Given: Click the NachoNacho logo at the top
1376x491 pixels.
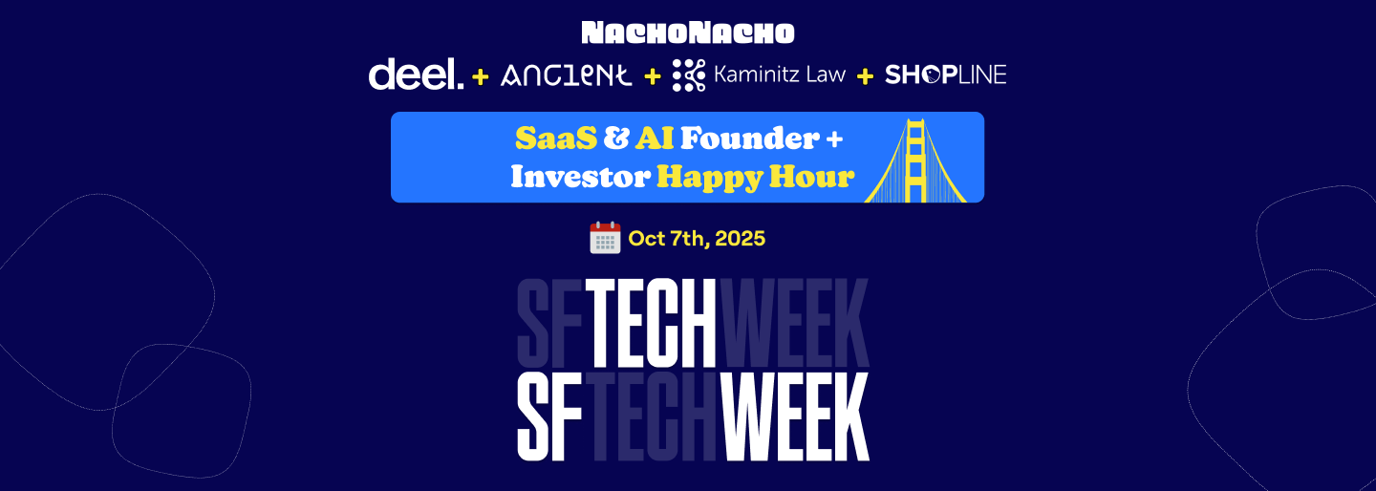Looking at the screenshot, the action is coord(688,32).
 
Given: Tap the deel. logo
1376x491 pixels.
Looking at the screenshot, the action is coord(416,75).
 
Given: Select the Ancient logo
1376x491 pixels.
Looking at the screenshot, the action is coord(567,75).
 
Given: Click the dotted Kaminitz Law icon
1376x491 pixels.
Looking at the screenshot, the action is coord(689,75).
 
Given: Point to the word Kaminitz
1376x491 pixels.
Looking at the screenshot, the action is coord(755,75).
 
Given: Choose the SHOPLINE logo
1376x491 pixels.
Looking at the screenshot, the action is coord(945,75).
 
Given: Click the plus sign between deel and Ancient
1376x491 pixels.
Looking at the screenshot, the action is coord(481,76).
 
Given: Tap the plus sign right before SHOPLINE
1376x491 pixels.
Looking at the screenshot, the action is coord(865,76).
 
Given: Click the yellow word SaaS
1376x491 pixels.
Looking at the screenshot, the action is coord(556,139).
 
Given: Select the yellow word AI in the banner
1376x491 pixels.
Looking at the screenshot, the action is coord(655,139).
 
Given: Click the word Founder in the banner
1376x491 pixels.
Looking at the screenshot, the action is coord(750,139).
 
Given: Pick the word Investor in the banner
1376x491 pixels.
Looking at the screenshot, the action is coord(581,177).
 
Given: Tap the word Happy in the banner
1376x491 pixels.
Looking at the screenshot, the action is coord(709,178).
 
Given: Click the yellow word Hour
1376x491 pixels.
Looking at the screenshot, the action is coord(812,177).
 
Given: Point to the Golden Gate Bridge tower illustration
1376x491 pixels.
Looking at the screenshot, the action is coord(915,160).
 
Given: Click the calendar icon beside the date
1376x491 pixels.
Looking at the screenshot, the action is coord(605,238).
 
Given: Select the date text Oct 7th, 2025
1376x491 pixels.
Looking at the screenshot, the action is coord(697,239).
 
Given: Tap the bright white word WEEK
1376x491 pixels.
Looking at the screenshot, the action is coord(795,416).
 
